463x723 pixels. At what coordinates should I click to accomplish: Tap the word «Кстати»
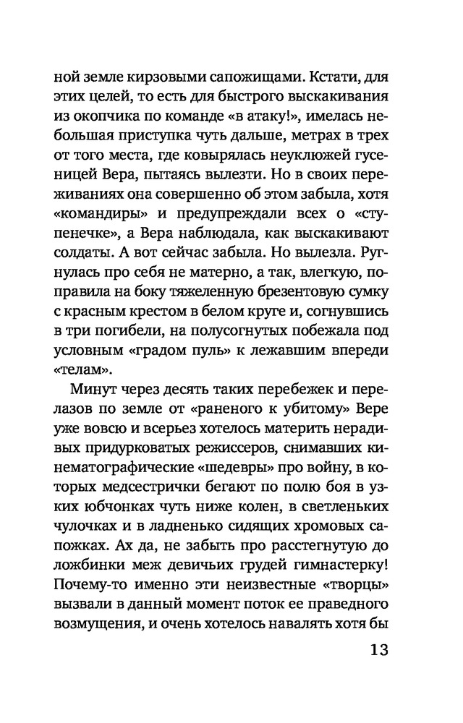[320, 74]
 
